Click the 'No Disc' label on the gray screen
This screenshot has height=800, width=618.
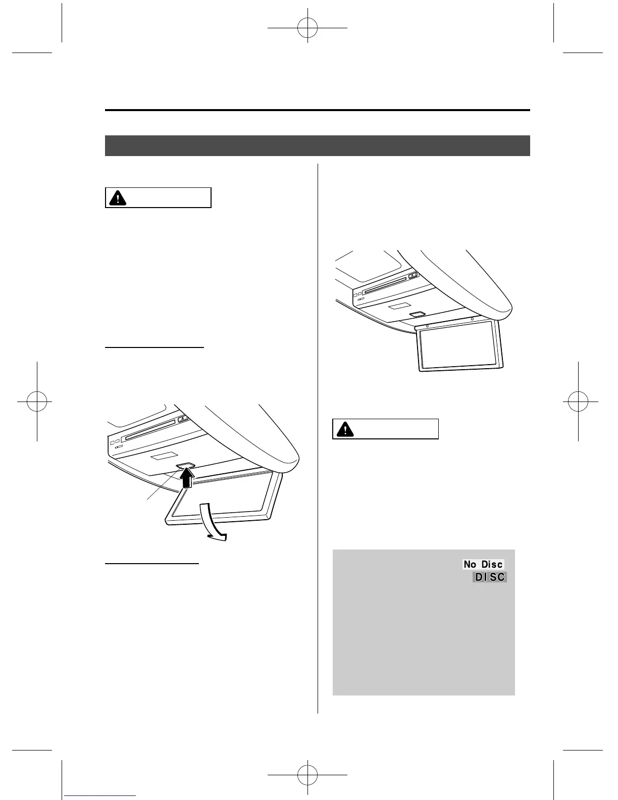point(483,564)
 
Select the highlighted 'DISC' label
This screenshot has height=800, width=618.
point(490,577)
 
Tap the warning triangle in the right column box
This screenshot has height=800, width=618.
point(345,429)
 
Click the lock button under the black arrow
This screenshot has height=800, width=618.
point(185,467)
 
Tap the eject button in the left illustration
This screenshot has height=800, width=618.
point(183,418)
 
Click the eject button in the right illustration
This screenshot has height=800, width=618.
point(413,276)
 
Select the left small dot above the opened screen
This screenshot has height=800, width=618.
point(427,326)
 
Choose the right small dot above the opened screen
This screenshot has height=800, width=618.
point(472,319)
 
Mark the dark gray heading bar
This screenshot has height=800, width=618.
point(317,145)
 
